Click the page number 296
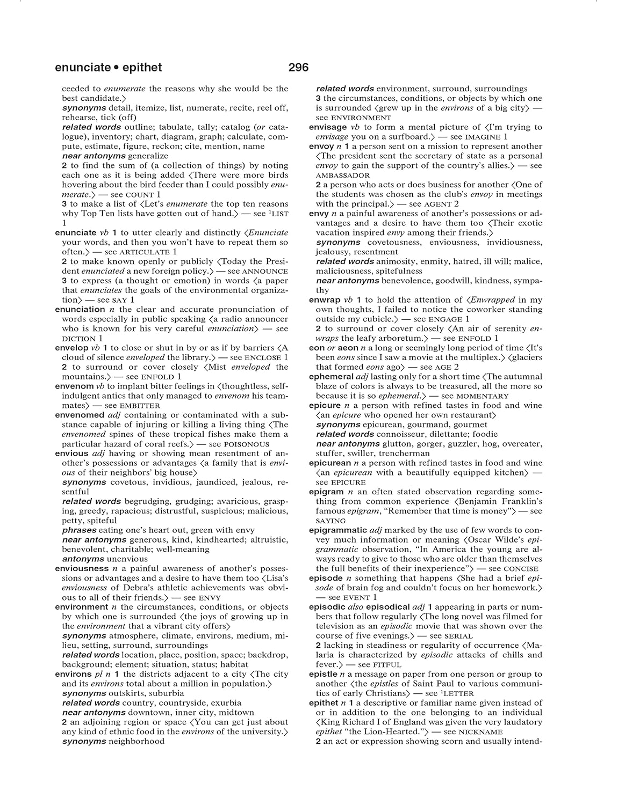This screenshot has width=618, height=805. (298, 68)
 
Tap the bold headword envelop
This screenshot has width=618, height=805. (72, 348)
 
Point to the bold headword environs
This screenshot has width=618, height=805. (73, 674)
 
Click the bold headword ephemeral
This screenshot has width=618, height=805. (331, 377)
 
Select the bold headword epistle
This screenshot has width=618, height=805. (323, 674)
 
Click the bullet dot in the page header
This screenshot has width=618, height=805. (116, 68)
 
